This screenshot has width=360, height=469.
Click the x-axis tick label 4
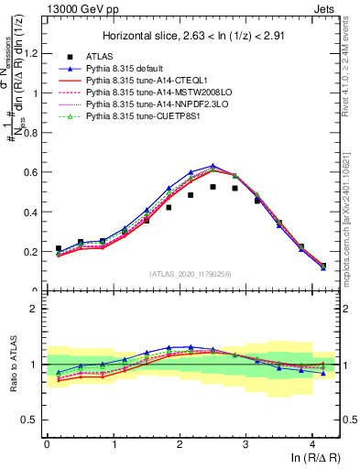coord(312,444)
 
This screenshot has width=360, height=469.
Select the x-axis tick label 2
coord(180,444)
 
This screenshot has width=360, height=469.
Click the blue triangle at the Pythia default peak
coord(213,167)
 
